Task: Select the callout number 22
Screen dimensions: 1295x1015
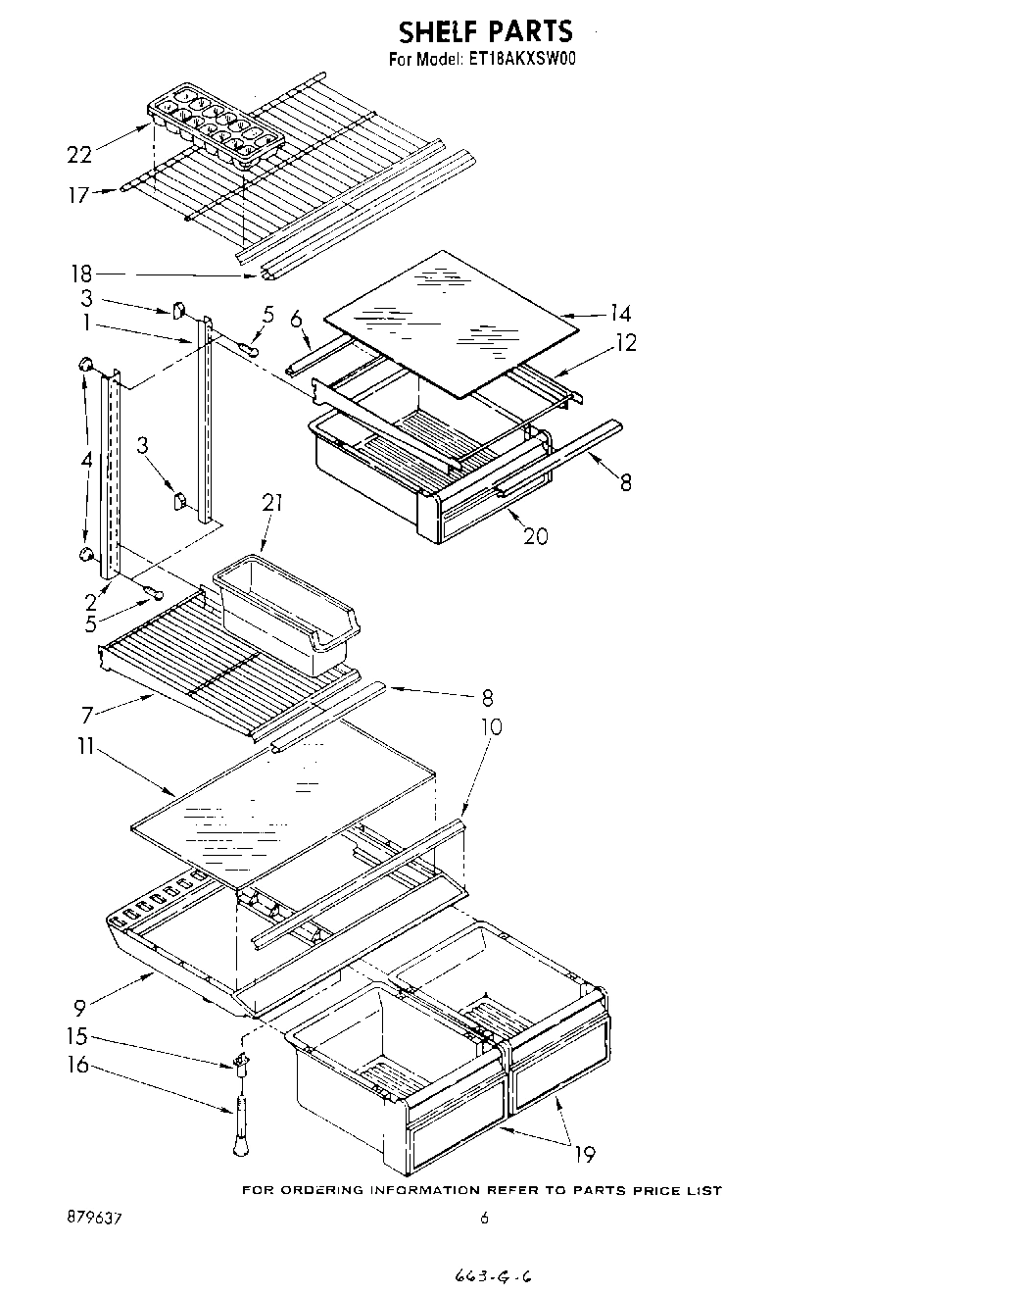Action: (79, 154)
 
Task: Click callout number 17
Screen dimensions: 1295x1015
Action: (79, 195)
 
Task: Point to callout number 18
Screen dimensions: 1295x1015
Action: (80, 274)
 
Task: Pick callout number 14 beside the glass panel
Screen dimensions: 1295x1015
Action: (619, 314)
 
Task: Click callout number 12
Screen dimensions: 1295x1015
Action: (625, 342)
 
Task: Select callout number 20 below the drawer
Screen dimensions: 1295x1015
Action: (535, 535)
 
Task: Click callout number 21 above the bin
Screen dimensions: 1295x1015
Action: (272, 503)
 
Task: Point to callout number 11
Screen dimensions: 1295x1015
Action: (87, 747)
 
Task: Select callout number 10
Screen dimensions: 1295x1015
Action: (490, 726)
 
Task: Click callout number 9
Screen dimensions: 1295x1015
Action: (80, 1005)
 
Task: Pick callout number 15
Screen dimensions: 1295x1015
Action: (77, 1036)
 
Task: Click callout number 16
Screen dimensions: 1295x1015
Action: (77, 1065)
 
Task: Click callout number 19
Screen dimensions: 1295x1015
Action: (584, 1154)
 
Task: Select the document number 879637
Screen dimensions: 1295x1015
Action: (95, 1219)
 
